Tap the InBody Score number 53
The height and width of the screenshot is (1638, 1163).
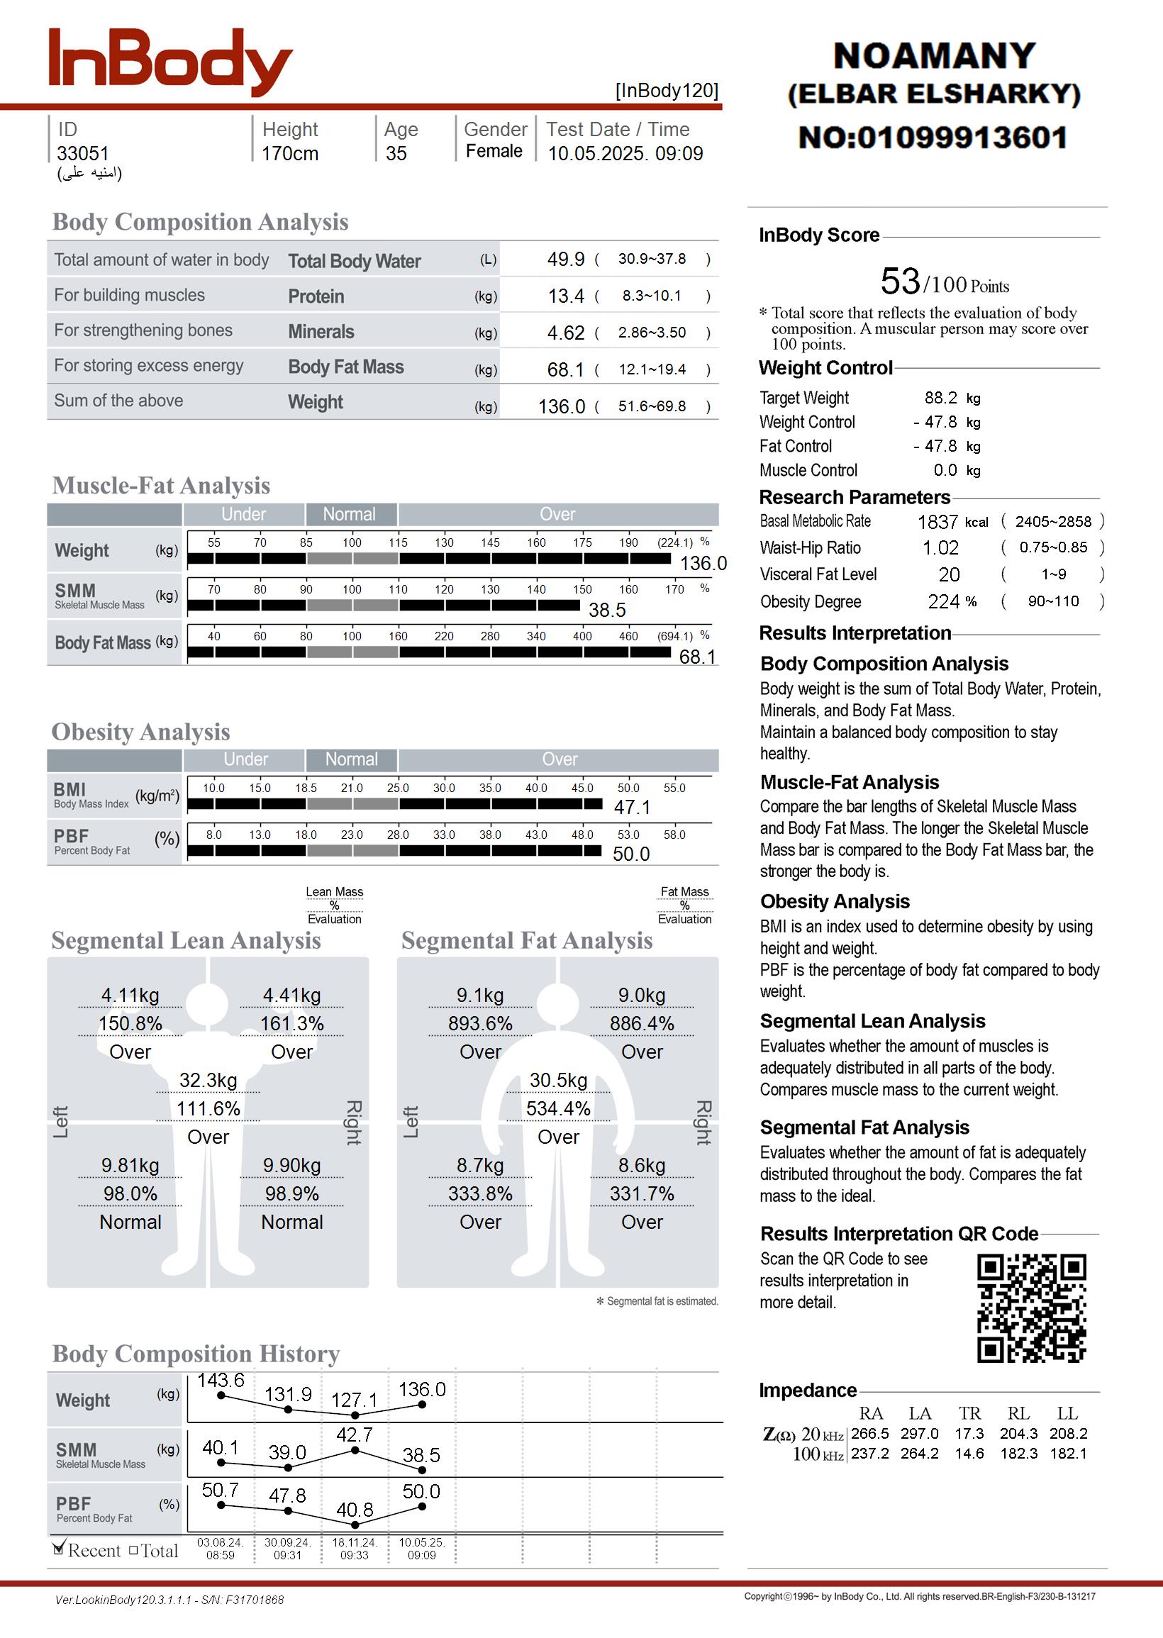[899, 282]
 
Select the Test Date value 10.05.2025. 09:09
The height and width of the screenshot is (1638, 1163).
[625, 154]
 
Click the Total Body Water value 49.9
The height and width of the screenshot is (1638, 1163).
[566, 259]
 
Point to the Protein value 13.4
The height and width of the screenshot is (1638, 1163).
[566, 296]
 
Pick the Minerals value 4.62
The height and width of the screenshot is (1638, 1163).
[566, 333]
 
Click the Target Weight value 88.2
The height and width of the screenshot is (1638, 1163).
[940, 398]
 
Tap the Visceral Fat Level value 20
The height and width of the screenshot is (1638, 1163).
[949, 575]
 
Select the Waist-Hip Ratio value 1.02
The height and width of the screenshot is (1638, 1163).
[940, 548]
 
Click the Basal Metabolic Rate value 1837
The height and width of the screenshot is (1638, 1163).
[937, 522]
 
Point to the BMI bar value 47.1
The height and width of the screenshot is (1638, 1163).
[632, 808]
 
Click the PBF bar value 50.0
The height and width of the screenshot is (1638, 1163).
[631, 854]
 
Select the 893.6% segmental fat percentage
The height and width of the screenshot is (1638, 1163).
[480, 1024]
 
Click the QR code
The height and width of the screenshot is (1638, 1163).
[1031, 1308]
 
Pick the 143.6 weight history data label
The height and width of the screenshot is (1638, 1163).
[221, 1380]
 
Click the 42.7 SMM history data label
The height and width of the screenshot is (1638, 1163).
[355, 1434]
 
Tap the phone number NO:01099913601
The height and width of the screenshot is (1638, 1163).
[933, 138]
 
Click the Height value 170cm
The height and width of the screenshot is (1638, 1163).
[289, 154]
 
